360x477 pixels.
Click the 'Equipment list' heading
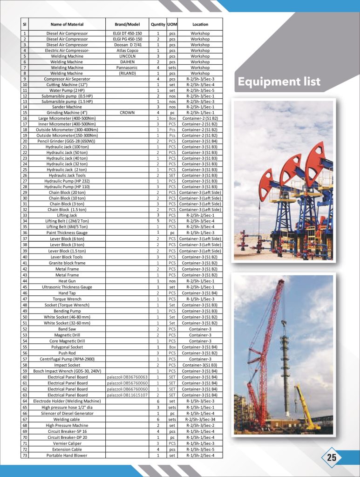(x=279, y=82)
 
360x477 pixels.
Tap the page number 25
(x=332, y=457)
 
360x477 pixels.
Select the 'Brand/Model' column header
(x=127, y=24)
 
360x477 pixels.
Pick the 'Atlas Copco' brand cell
(x=127, y=50)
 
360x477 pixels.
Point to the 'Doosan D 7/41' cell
(x=127, y=45)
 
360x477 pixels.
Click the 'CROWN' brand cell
(x=127, y=113)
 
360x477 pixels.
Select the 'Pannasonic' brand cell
(x=127, y=68)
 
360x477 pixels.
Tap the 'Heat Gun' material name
(x=67, y=281)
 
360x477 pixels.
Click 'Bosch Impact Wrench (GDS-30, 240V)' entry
(x=67, y=371)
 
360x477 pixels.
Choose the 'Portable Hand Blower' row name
(x=67, y=455)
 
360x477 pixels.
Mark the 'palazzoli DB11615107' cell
(x=127, y=395)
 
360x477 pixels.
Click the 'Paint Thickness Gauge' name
(x=67, y=232)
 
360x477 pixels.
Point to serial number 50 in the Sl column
(x=25, y=317)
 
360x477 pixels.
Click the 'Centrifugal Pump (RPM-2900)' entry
(x=67, y=359)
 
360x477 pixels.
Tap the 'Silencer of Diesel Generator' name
(x=67, y=413)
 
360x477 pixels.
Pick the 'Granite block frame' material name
(x=67, y=263)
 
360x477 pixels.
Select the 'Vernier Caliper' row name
(x=67, y=443)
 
